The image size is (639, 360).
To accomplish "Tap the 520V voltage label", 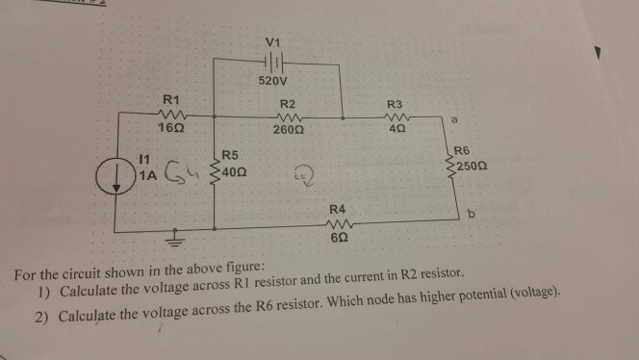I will click(x=274, y=81).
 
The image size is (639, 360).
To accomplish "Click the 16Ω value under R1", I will click(x=173, y=128).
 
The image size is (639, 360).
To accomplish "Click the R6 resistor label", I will click(x=462, y=150).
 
